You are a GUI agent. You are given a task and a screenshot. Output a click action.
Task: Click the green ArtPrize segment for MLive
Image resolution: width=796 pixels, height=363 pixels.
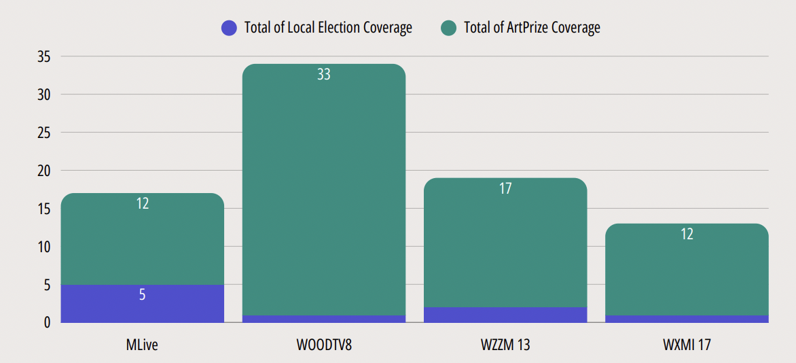click(143, 241)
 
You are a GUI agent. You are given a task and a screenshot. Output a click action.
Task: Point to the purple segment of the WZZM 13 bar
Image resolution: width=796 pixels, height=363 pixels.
click(505, 315)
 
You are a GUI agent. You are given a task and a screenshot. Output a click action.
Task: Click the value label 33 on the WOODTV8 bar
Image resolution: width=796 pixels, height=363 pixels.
click(324, 75)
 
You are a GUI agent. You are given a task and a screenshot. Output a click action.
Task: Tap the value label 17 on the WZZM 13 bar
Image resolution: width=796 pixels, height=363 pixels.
click(505, 189)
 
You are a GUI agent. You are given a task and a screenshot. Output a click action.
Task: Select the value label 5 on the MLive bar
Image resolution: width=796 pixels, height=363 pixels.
click(143, 295)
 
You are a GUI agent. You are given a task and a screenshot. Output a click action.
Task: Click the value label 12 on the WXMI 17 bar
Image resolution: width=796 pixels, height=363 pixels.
click(687, 235)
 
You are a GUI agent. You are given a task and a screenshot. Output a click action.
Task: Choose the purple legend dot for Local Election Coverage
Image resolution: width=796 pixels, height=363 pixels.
click(230, 28)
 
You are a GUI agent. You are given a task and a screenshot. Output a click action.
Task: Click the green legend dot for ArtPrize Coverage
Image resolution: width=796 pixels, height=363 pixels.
click(448, 28)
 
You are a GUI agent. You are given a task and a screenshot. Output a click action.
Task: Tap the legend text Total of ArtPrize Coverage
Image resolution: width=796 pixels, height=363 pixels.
click(532, 28)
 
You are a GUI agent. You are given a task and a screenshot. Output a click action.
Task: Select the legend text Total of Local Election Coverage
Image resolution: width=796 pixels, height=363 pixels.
click(328, 28)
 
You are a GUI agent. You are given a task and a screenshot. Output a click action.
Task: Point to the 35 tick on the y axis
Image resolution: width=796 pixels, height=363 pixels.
click(43, 57)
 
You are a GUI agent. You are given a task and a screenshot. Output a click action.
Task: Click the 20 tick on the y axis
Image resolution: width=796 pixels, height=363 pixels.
click(43, 171)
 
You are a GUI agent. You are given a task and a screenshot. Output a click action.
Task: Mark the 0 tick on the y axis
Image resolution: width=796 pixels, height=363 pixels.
click(47, 323)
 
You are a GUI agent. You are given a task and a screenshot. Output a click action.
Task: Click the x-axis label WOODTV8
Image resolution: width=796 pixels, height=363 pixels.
click(324, 345)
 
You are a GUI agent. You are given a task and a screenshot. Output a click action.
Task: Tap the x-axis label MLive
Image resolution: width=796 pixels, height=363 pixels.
click(142, 345)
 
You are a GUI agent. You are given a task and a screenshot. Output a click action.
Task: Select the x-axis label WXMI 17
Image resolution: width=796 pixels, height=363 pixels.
click(687, 345)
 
